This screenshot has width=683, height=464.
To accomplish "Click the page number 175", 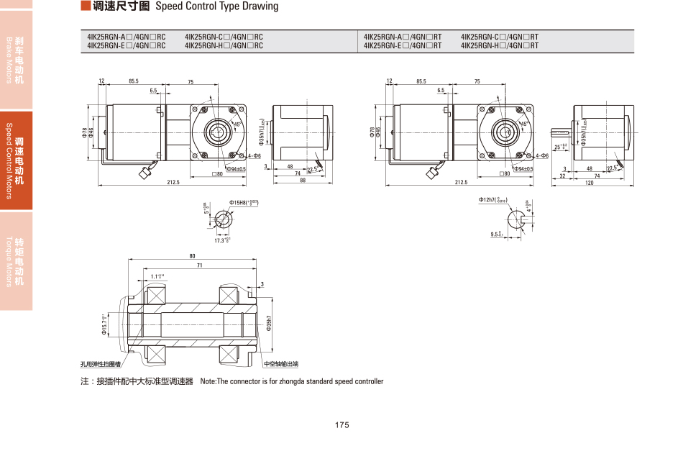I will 341,425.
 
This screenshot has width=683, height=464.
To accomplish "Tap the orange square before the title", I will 86,6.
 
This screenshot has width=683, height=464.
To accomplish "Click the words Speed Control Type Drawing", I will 216,6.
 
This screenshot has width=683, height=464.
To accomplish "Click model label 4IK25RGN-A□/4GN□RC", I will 126,37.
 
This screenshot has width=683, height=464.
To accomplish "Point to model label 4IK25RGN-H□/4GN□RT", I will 499,46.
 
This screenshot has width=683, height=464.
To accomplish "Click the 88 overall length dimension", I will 303,181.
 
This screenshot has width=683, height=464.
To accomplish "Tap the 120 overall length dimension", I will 590,183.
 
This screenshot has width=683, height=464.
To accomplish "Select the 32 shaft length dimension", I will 562,175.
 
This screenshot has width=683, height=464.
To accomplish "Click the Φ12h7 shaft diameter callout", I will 493,199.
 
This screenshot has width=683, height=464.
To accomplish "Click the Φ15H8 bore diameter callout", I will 244,203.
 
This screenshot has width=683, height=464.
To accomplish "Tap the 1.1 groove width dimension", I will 157,276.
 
